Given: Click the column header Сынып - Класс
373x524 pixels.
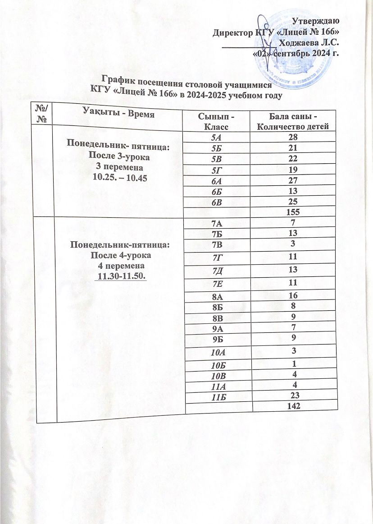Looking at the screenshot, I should (x=213, y=120).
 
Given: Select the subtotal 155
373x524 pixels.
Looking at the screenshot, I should (x=293, y=211).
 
